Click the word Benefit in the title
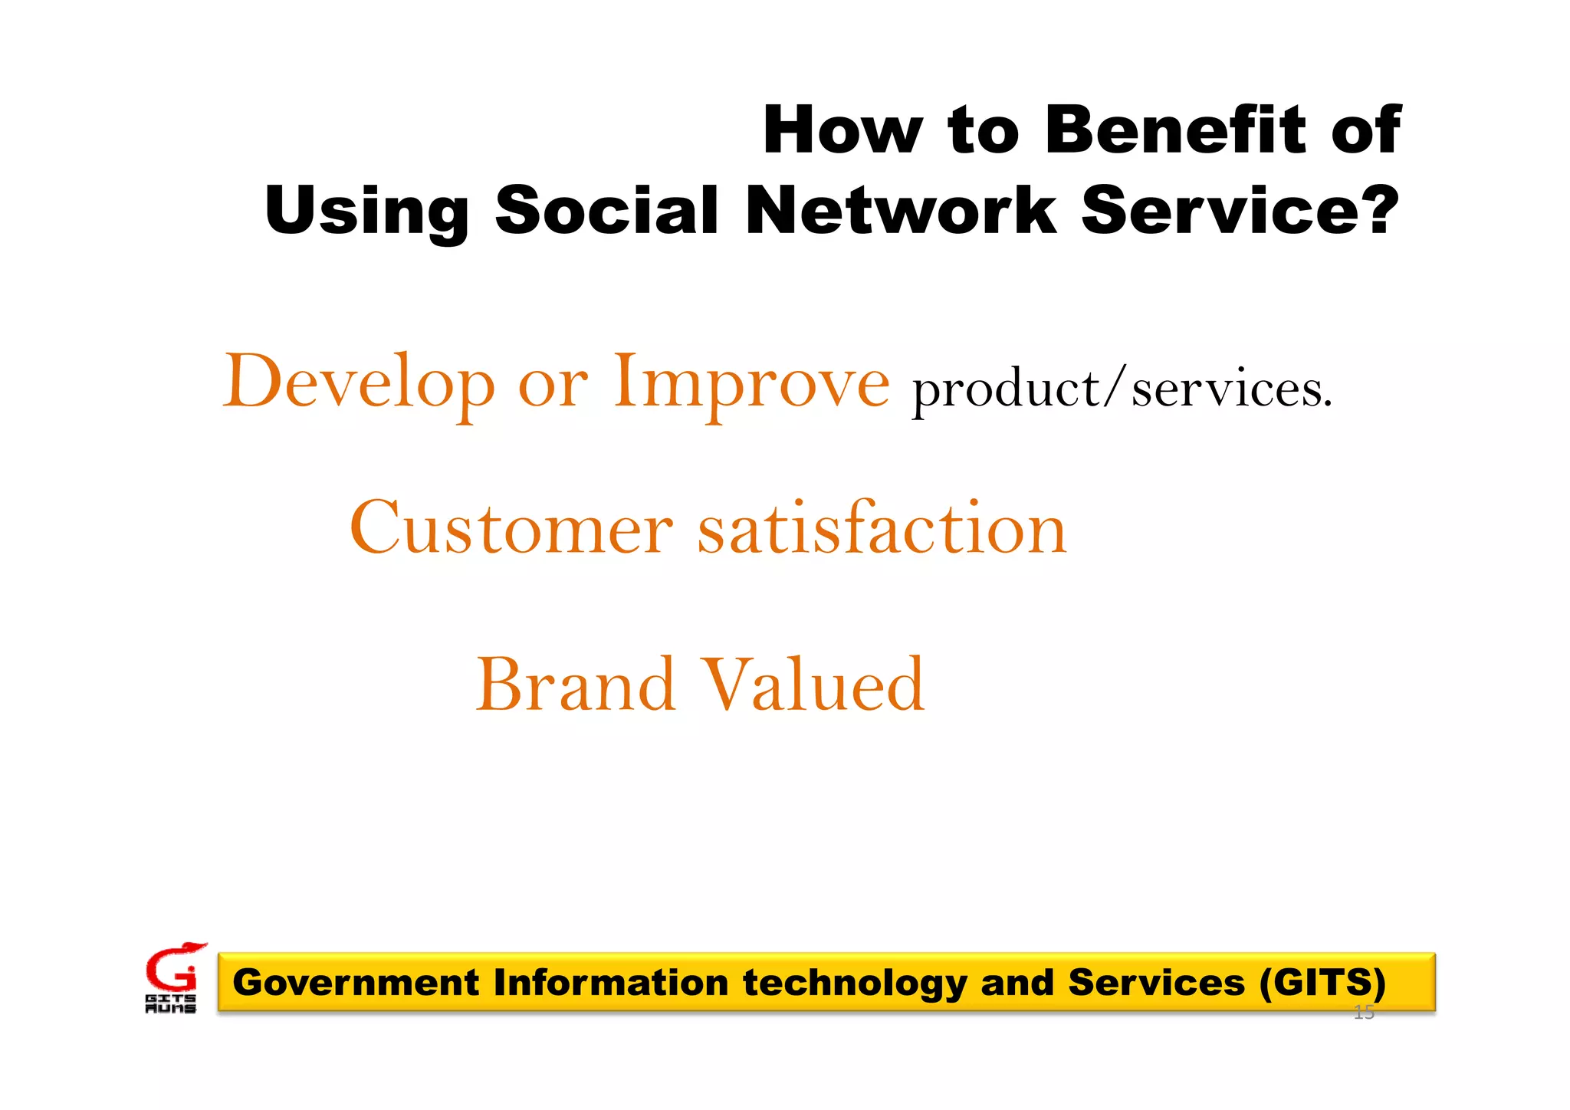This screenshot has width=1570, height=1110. click(x=1176, y=130)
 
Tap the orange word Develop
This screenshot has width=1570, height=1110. click(x=359, y=383)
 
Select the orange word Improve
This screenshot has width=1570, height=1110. click(x=751, y=383)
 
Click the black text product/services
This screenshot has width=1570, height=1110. click(x=1122, y=389)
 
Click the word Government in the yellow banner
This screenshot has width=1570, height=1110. click(x=356, y=983)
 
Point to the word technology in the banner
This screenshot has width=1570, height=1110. click(x=855, y=984)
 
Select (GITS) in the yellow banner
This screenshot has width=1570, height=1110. click(x=1322, y=982)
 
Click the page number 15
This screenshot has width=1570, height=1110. click(x=1364, y=1013)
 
